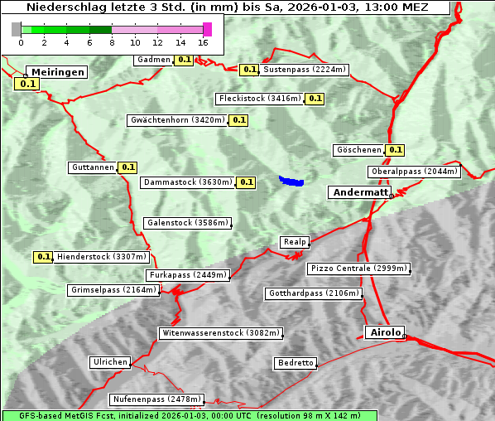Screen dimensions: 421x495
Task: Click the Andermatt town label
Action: click(x=360, y=192)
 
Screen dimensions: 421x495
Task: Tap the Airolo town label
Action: click(x=385, y=332)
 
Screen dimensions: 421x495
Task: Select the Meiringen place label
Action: click(x=57, y=72)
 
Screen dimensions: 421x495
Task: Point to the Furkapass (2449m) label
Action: click(x=187, y=274)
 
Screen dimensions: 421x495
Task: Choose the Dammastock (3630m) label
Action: click(x=188, y=181)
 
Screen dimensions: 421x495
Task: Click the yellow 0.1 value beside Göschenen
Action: click(x=395, y=150)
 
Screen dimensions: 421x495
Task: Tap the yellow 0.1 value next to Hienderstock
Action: click(x=43, y=257)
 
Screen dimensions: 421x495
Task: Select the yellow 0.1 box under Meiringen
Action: click(x=26, y=84)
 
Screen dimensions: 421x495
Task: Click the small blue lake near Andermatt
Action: click(x=291, y=180)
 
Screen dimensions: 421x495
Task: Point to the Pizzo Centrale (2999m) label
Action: click(x=358, y=269)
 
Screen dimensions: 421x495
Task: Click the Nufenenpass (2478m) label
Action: click(x=156, y=399)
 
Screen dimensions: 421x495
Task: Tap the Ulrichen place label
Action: click(x=110, y=362)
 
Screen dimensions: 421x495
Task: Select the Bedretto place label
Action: click(x=296, y=363)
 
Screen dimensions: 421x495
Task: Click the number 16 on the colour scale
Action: click(x=204, y=42)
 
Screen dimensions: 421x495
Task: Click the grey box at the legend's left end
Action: click(x=17, y=29)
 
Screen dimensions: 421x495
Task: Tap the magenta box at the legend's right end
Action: click(x=207, y=29)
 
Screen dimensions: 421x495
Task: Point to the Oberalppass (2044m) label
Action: click(x=413, y=172)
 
